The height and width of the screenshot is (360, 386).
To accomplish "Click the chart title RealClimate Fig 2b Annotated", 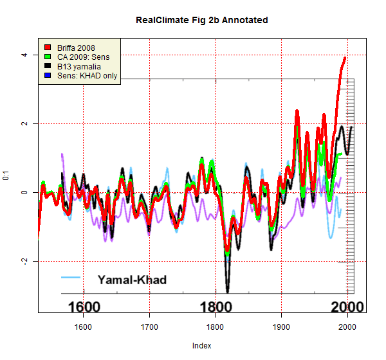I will (x=201, y=20).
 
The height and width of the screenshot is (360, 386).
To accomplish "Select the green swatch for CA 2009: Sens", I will (x=48, y=57).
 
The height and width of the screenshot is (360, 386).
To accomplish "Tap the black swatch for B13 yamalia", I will (x=48, y=67).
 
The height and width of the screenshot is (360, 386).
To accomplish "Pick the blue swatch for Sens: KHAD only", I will (x=48, y=76).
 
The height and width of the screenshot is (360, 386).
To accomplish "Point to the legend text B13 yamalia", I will (x=79, y=67).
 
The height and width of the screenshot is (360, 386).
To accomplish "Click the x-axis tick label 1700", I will (x=149, y=327).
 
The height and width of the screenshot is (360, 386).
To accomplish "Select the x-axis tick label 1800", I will (x=215, y=327).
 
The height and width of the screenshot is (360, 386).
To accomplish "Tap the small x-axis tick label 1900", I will (x=281, y=327).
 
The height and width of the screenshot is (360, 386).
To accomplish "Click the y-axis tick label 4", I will (x=24, y=55).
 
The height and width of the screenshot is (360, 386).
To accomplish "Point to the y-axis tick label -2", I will (x=24, y=261).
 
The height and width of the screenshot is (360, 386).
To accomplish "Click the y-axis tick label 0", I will (x=24, y=192).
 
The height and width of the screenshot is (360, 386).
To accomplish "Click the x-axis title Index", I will (x=201, y=345).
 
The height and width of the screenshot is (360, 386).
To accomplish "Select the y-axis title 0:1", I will (x=6, y=175).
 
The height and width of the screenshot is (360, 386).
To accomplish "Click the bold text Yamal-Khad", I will (x=132, y=280).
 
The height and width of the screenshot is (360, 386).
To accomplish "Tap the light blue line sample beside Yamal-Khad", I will (x=72, y=278).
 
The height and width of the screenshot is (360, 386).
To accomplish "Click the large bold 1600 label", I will (x=84, y=307).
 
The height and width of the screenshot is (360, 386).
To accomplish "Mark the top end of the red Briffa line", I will (x=345, y=58).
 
